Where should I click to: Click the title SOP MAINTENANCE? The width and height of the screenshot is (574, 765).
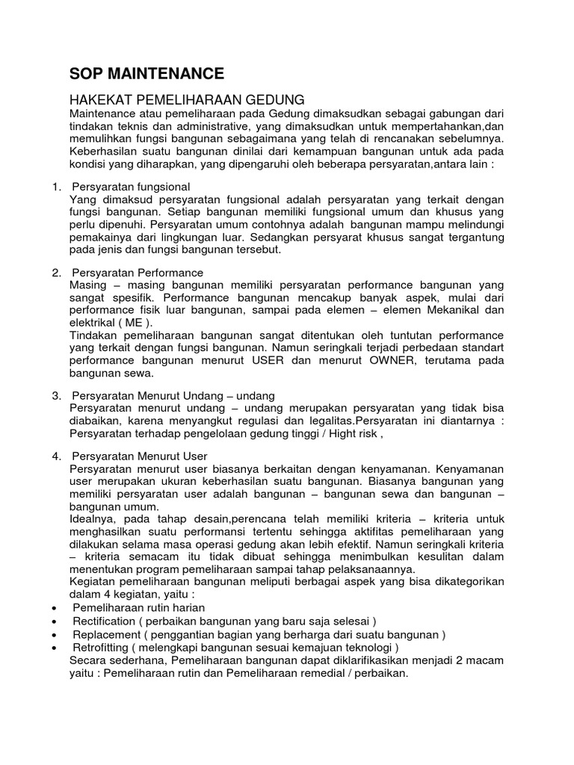[x=146, y=73]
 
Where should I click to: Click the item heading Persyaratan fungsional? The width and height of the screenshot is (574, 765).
[x=131, y=186]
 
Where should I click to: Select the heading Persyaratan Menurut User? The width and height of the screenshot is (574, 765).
[x=140, y=455]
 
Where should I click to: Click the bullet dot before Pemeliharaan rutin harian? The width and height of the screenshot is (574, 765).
[x=57, y=609]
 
